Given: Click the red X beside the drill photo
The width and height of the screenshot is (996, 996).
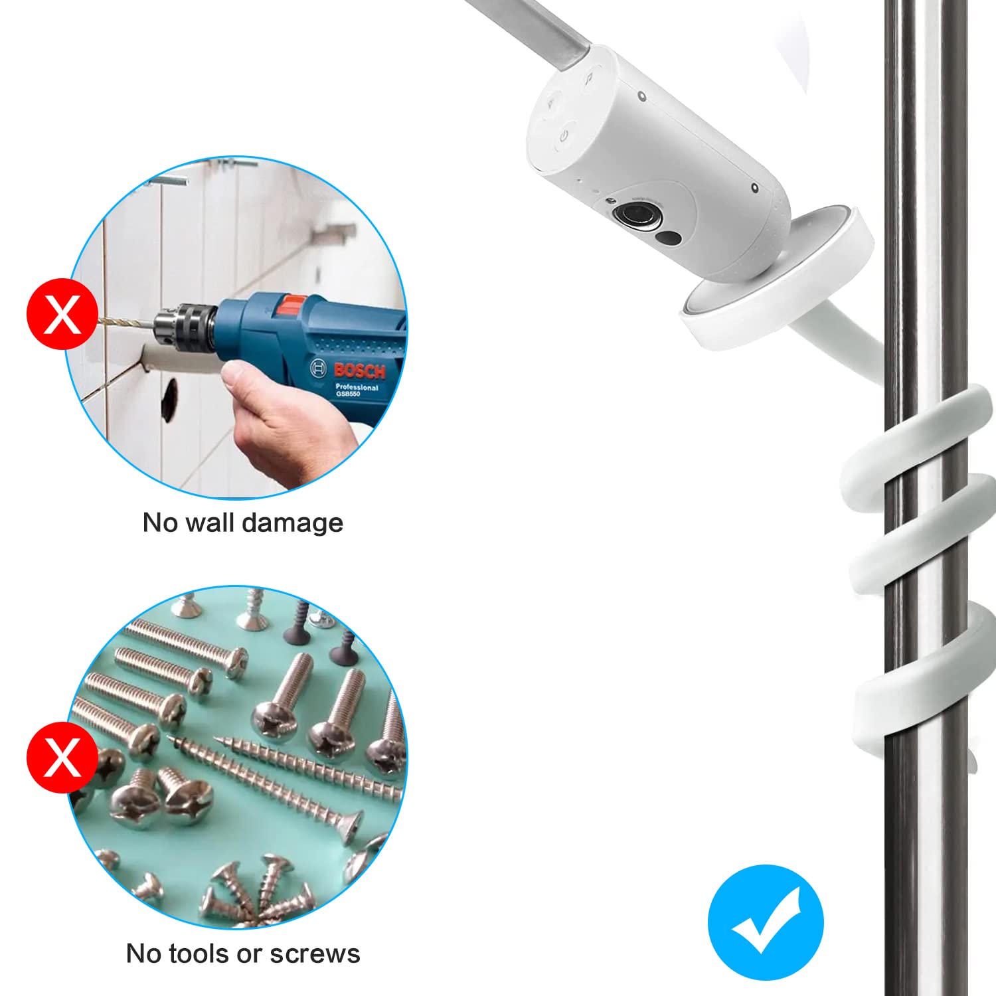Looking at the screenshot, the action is pyautogui.click(x=62, y=314).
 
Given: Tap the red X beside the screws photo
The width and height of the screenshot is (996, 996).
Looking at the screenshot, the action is pyautogui.click(x=62, y=758).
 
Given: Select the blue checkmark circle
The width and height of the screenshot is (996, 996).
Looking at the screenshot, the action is pyautogui.click(x=766, y=922).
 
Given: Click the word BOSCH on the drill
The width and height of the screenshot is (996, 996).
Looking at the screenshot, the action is pyautogui.click(x=359, y=371).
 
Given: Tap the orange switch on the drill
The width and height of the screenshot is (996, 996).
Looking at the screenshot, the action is pyautogui.click(x=291, y=305).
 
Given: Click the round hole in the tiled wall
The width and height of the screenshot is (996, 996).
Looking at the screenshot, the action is pyautogui.click(x=170, y=400).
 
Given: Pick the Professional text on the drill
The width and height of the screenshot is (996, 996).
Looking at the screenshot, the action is pyautogui.click(x=357, y=386).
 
